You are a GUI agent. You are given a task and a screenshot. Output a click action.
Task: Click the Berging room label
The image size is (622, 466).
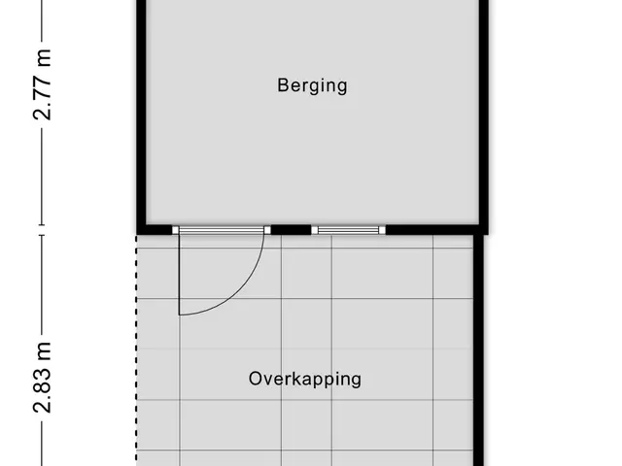tap(312, 86)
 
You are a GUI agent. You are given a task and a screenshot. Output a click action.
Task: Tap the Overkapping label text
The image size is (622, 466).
tap(305, 380)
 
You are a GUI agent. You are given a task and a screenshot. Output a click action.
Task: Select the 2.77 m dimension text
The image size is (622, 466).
tap(42, 84)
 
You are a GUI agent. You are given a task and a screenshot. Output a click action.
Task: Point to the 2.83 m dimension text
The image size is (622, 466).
tap(42, 378)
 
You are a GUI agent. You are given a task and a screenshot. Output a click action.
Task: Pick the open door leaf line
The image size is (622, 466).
tap(179, 274)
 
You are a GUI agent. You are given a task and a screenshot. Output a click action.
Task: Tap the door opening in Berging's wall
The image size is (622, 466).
tap(222, 230)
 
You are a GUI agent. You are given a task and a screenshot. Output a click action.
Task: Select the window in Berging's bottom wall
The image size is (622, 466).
tap(348, 230)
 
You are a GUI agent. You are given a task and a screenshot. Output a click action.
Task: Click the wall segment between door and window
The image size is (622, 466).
tap(291, 230)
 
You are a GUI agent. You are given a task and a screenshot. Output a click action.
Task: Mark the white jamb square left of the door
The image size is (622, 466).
tap(175, 230)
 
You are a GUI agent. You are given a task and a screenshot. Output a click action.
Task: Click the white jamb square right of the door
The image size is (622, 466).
tap(267, 230)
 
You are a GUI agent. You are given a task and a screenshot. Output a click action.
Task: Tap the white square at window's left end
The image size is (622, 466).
tap(315, 230)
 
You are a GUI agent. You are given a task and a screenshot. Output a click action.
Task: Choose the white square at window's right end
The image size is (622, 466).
tap(382, 230)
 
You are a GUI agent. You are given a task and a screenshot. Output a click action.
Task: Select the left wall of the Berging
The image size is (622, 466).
tap(142, 115)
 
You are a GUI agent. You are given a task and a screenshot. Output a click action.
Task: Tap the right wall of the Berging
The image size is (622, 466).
tap(484, 115)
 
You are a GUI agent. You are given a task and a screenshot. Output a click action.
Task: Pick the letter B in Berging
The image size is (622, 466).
tap(282, 84)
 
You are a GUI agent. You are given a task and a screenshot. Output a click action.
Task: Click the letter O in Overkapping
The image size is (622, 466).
tap(256, 379)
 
